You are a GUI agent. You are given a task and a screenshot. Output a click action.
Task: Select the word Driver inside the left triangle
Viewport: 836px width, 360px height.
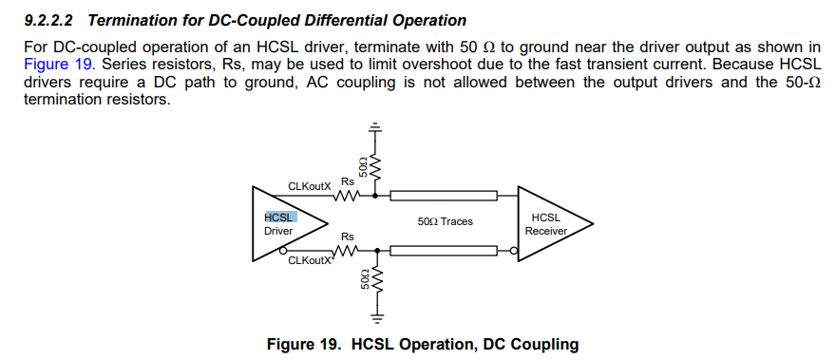(278, 231)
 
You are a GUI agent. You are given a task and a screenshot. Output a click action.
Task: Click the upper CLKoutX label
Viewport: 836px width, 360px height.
(309, 188)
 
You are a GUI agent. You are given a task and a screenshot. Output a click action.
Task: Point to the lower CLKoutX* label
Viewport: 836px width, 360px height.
(312, 260)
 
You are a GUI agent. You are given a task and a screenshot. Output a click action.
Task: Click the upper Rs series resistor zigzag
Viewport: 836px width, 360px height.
(346, 198)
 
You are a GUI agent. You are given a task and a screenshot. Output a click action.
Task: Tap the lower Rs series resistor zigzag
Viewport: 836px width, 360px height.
(346, 252)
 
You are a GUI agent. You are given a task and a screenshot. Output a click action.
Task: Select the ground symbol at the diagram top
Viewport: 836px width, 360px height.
(374, 126)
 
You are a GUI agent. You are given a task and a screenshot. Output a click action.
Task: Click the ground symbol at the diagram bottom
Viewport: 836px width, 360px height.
(374, 317)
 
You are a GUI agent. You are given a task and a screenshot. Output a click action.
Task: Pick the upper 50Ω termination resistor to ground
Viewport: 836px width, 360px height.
(374, 166)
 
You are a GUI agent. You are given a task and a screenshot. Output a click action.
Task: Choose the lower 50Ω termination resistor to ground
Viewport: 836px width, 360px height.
(374, 282)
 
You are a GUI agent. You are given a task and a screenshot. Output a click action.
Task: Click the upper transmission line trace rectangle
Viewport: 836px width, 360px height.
(445, 198)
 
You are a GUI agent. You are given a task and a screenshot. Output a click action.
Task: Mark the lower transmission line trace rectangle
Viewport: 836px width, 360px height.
(445, 252)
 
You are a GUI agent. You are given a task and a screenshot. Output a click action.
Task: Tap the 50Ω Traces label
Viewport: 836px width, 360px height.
(445, 221)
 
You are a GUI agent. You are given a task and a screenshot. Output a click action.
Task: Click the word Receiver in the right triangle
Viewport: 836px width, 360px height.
(545, 231)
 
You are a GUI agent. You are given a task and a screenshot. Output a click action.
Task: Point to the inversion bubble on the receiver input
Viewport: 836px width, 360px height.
(514, 252)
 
